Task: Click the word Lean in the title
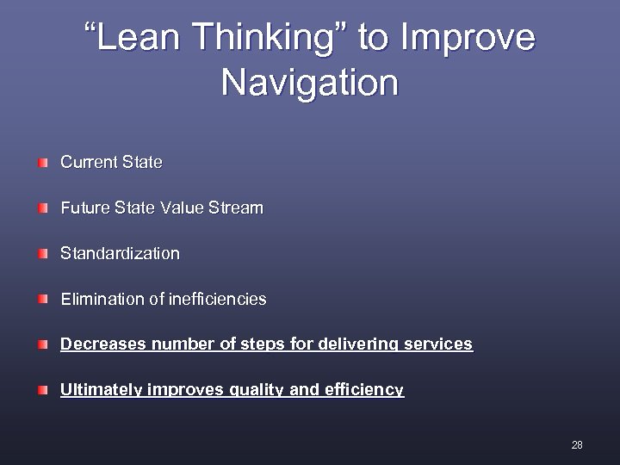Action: point(139,39)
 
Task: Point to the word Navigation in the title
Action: point(310,84)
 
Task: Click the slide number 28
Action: point(576,445)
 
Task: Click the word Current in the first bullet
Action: point(86,162)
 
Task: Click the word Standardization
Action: point(120,254)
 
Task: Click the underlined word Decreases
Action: point(103,344)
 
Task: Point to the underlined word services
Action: point(438,344)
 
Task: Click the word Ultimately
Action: point(102,390)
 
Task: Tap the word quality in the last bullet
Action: point(259,390)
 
